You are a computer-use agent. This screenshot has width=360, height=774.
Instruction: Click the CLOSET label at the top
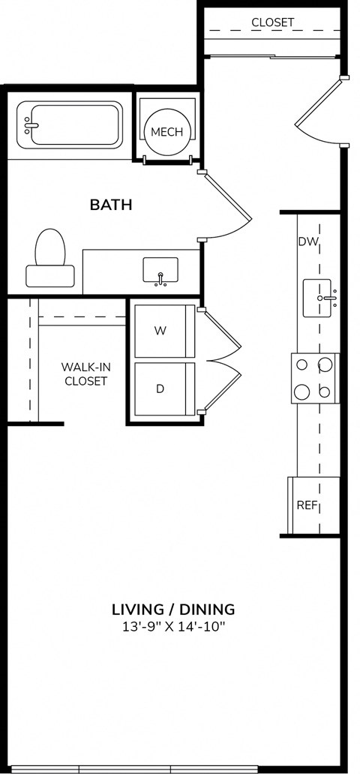tap(273, 22)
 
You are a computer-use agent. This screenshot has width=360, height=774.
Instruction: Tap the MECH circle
tap(166, 132)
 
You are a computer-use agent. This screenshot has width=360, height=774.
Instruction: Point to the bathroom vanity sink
tap(160, 271)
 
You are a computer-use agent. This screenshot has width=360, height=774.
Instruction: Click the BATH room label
tap(111, 204)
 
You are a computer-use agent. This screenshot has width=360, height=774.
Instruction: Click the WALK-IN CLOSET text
tap(85, 373)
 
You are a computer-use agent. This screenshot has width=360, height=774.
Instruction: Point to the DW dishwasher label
tap(308, 241)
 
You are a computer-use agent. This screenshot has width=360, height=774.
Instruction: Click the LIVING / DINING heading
tap(173, 609)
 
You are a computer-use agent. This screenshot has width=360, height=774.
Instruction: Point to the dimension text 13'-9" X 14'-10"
tap(173, 627)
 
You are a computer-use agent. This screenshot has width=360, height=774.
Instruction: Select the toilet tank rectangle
tap(50, 275)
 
